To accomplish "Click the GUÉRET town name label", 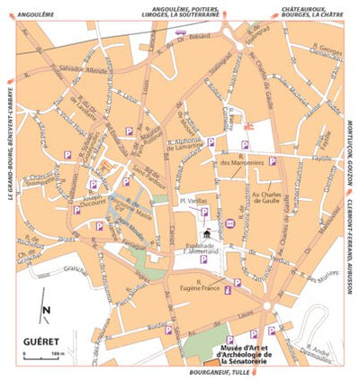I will pyautogui.click(x=40, y=344).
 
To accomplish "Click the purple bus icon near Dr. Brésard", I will pyautogui.click(x=181, y=32).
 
